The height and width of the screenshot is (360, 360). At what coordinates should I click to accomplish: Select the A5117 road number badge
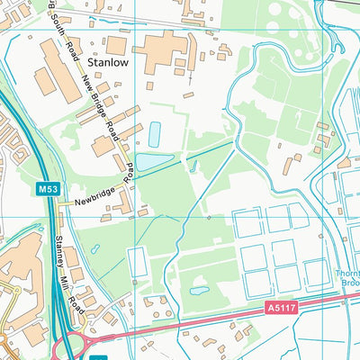(x=280, y=308)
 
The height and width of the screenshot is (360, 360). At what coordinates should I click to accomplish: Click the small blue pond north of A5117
(x=199, y=291)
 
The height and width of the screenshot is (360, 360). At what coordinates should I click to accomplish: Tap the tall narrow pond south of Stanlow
(x=154, y=135)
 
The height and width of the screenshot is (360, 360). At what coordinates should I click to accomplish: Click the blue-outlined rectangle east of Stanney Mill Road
(x=138, y=262)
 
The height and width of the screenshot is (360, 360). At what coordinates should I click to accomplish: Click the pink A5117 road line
(x=225, y=321)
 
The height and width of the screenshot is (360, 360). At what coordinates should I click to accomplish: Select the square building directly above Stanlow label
(x=116, y=43)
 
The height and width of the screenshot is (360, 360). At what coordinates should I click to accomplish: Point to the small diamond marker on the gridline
(x=208, y=217)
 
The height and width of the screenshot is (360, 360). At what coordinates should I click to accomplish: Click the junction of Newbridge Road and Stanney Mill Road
(x=60, y=205)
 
